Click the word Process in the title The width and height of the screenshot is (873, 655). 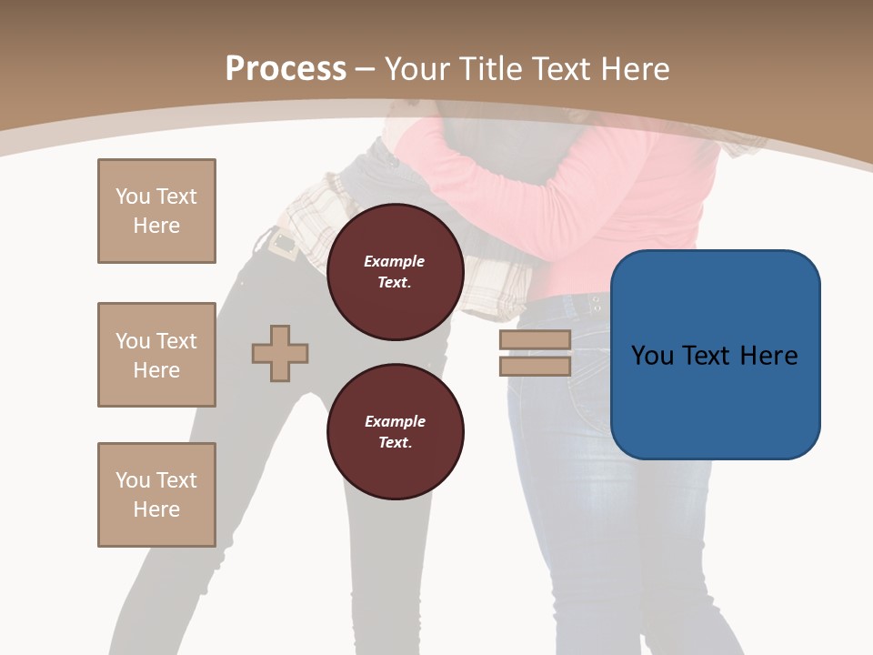point(286,69)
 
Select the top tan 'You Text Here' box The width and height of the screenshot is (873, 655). point(156,211)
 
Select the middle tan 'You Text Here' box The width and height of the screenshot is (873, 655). point(156,355)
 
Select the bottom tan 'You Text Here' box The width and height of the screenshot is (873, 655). point(156,495)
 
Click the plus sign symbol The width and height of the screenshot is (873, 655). point(280,353)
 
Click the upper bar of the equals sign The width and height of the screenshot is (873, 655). point(535,339)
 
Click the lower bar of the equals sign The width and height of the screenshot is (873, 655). point(535,366)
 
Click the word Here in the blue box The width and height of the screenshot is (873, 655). point(769,356)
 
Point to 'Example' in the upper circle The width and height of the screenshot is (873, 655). point(395,261)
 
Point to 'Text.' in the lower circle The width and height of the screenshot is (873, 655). point(395,442)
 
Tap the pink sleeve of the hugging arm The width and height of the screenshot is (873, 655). point(482,182)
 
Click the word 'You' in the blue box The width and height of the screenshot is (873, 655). point(652,356)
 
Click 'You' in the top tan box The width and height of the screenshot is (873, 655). point(133,196)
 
